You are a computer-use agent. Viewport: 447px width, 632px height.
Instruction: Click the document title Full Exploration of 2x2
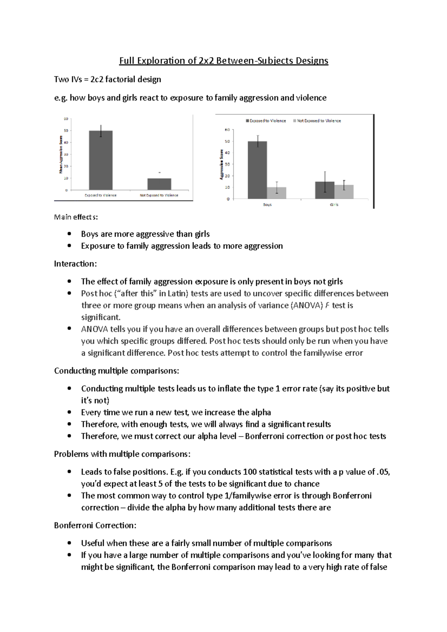point(223,61)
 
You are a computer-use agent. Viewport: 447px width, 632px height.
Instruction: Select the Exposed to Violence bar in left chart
point(101,160)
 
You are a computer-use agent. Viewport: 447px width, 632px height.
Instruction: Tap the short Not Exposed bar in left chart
point(159,184)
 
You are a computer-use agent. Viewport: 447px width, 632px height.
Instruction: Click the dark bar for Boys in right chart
point(257,170)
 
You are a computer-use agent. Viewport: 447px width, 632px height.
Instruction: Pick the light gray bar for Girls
point(344,191)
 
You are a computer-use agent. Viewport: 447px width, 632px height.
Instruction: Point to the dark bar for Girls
point(325,190)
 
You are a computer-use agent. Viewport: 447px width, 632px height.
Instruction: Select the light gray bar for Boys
point(277,192)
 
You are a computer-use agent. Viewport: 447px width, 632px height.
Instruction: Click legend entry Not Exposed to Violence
point(319,121)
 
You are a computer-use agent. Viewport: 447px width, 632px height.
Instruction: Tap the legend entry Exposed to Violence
point(267,121)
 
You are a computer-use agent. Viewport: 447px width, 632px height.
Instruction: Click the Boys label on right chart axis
point(267,205)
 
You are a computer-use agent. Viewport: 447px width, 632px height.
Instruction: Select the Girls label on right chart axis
point(334,205)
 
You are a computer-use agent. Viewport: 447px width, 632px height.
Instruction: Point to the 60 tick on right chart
point(227,130)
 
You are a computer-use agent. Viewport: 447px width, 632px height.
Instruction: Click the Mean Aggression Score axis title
point(60,154)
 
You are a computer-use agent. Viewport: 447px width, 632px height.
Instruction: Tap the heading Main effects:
point(76,217)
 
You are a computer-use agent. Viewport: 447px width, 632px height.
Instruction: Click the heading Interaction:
point(75,264)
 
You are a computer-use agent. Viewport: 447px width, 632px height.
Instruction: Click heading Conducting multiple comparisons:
point(117,371)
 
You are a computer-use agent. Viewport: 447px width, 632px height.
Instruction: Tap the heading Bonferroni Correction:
point(95,526)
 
